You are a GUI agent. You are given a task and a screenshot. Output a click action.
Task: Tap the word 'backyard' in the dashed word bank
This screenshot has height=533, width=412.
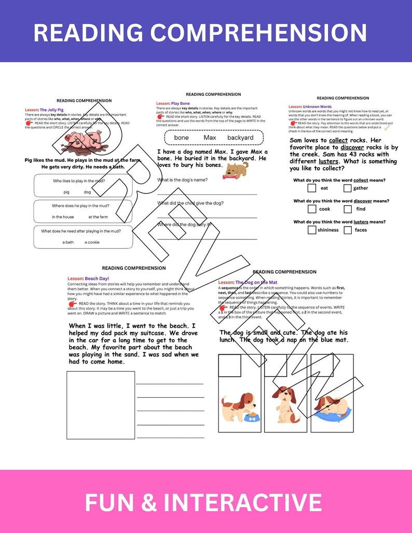[240, 137]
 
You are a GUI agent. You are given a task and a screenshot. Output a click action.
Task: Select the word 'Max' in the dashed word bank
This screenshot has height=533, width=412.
[210, 137]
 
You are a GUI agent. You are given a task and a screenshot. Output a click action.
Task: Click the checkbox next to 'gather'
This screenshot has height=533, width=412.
[348, 188]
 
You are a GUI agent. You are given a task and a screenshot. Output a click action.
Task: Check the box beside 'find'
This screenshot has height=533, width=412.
[348, 209]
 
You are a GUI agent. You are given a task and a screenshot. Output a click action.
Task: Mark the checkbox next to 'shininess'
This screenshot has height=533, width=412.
[312, 230]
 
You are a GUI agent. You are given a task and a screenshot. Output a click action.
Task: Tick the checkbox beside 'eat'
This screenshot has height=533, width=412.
[312, 188]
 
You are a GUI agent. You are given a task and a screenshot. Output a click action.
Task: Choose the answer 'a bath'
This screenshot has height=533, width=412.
[68, 242]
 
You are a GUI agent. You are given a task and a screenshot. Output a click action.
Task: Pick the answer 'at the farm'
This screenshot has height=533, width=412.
[98, 217]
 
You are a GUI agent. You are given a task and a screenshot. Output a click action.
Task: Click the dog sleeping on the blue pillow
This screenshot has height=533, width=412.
[332, 406]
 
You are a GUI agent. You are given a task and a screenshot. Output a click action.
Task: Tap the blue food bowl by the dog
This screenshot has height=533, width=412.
[252, 416]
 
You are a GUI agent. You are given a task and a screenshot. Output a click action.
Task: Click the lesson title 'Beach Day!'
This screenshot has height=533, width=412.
[97, 278]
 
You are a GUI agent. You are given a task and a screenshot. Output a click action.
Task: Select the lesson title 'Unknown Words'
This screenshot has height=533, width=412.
[317, 107]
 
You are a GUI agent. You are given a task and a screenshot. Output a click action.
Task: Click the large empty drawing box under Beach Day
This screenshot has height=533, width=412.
[101, 405]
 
